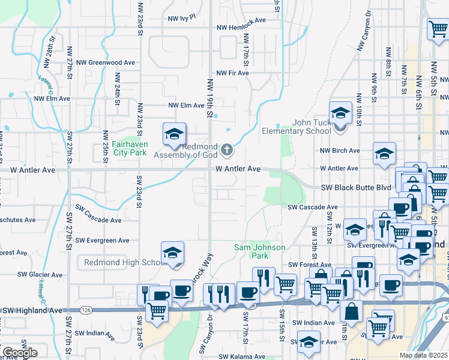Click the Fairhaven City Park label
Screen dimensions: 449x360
point(121,148)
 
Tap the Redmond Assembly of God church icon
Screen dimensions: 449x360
point(227,149)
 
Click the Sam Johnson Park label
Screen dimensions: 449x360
point(259,251)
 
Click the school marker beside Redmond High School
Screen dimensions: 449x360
point(172,254)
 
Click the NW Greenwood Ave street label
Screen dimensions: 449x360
point(104,62)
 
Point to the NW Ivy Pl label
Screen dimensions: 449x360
point(182,18)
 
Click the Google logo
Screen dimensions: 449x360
point(19,353)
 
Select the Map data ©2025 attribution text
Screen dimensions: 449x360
point(424,355)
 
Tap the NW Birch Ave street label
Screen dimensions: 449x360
point(340,151)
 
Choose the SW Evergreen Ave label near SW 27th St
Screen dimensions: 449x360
point(103,241)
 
